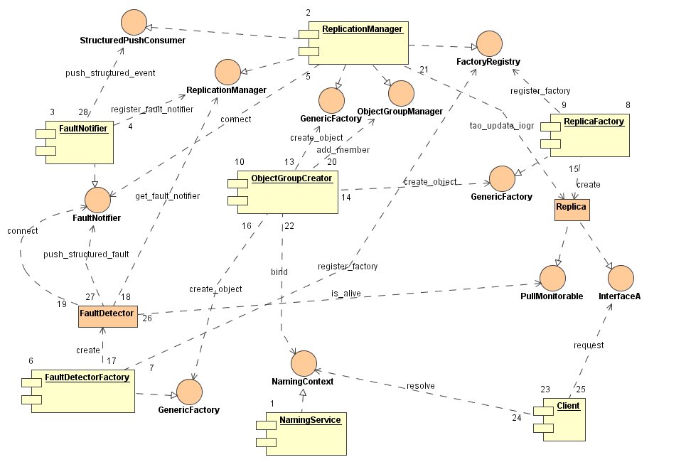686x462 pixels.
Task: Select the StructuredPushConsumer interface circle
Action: pyautogui.click(x=132, y=20)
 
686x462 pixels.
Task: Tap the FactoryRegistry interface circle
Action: pyautogui.click(x=489, y=43)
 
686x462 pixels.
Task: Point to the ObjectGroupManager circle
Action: pyautogui.click(x=400, y=92)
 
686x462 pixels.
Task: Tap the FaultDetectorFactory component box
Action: pyautogui.click(x=79, y=392)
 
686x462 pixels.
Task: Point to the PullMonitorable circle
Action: pyautogui.click(x=552, y=278)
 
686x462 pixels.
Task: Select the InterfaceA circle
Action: pyautogui.click(x=619, y=278)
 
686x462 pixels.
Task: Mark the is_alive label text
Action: pyautogui.click(x=344, y=293)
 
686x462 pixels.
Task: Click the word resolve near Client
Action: pyautogui.click(x=420, y=386)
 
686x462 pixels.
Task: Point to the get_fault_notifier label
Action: pyautogui.click(x=167, y=195)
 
